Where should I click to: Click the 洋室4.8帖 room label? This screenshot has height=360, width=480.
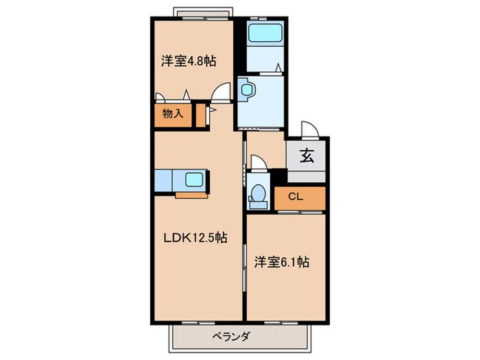(x=189, y=61)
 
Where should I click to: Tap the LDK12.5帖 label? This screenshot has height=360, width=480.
(x=195, y=238)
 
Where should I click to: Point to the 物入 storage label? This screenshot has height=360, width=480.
(x=173, y=115)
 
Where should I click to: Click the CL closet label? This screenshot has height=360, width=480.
(x=295, y=197)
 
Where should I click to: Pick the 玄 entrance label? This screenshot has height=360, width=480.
(x=307, y=156)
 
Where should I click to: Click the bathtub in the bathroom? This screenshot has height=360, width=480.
(x=259, y=32)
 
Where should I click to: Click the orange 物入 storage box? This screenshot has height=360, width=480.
(x=173, y=115)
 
